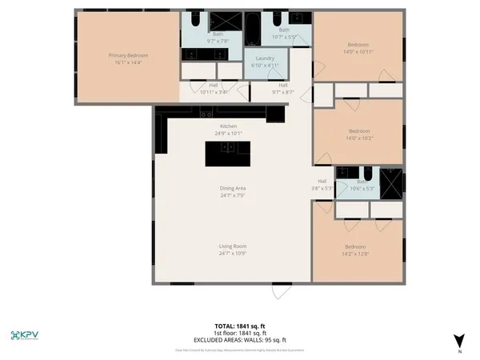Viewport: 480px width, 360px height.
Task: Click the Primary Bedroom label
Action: pyautogui.click(x=129, y=55)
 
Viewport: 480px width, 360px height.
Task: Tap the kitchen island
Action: pyautogui.click(x=227, y=153)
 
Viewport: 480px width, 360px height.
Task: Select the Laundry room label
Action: pyautogui.click(x=265, y=58)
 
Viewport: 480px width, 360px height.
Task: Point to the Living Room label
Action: pyautogui.click(x=233, y=246)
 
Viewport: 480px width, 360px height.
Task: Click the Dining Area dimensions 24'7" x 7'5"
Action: pyautogui.click(x=233, y=194)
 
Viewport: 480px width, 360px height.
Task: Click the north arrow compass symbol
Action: pyautogui.click(x=458, y=340)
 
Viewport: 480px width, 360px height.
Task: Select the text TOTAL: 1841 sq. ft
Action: pyautogui.click(x=240, y=325)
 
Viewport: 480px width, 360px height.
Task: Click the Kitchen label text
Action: pyautogui.click(x=228, y=126)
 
